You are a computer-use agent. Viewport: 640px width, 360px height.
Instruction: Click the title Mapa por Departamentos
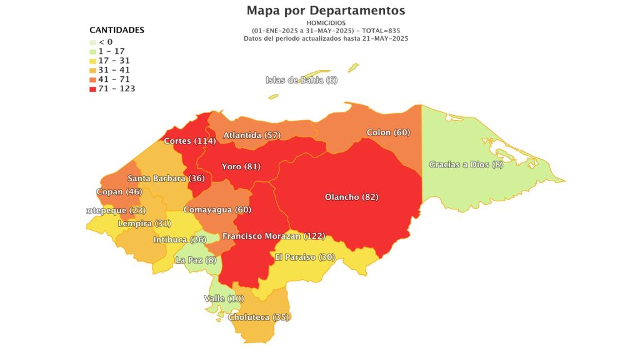[326, 11]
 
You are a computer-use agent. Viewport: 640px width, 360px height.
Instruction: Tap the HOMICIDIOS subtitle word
[326, 23]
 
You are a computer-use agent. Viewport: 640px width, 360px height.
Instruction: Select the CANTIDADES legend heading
[117, 30]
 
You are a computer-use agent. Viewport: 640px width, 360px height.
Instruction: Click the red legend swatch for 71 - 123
[93, 89]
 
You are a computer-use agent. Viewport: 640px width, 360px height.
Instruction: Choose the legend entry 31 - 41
[114, 70]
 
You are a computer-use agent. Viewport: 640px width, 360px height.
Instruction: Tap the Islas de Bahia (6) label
[301, 80]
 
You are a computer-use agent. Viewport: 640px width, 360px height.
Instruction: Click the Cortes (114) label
[189, 141]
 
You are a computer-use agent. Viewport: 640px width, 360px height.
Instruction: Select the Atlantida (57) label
[252, 135]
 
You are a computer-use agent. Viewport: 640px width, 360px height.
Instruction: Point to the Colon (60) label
[387, 132]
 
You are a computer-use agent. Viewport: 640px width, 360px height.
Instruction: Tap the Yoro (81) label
[241, 167]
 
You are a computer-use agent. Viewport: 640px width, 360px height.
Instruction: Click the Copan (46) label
[119, 192]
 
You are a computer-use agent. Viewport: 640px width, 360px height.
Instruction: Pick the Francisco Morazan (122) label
[274, 236]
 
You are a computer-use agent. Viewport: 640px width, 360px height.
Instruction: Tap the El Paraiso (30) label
[305, 257]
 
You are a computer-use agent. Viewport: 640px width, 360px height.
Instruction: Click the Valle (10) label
[224, 299]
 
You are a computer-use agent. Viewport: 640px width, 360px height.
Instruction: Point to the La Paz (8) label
[196, 260]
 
